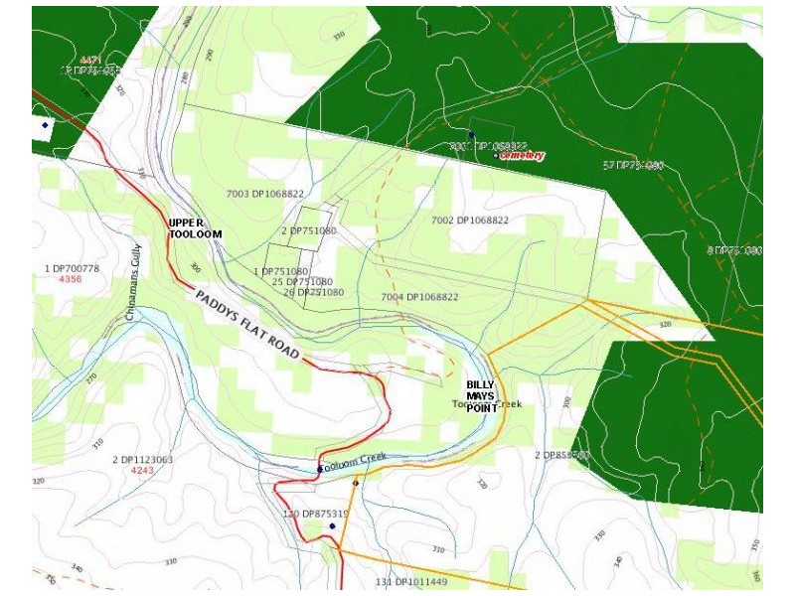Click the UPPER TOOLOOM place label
click(x=195, y=227)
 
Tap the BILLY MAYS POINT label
click(x=480, y=396)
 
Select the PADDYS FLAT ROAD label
click(x=247, y=324)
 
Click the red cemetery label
click(x=523, y=156)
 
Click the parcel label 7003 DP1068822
click(x=264, y=195)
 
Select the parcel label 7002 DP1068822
click(x=469, y=220)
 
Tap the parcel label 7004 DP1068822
click(x=419, y=297)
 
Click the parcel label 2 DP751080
click(x=309, y=230)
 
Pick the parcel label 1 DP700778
click(x=73, y=269)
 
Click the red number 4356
click(x=71, y=280)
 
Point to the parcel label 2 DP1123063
click(x=142, y=459)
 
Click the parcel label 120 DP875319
click(x=317, y=514)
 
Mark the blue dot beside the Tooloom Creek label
click(x=320, y=468)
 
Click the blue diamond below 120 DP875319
click(x=332, y=526)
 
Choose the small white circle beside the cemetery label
click(x=496, y=155)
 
